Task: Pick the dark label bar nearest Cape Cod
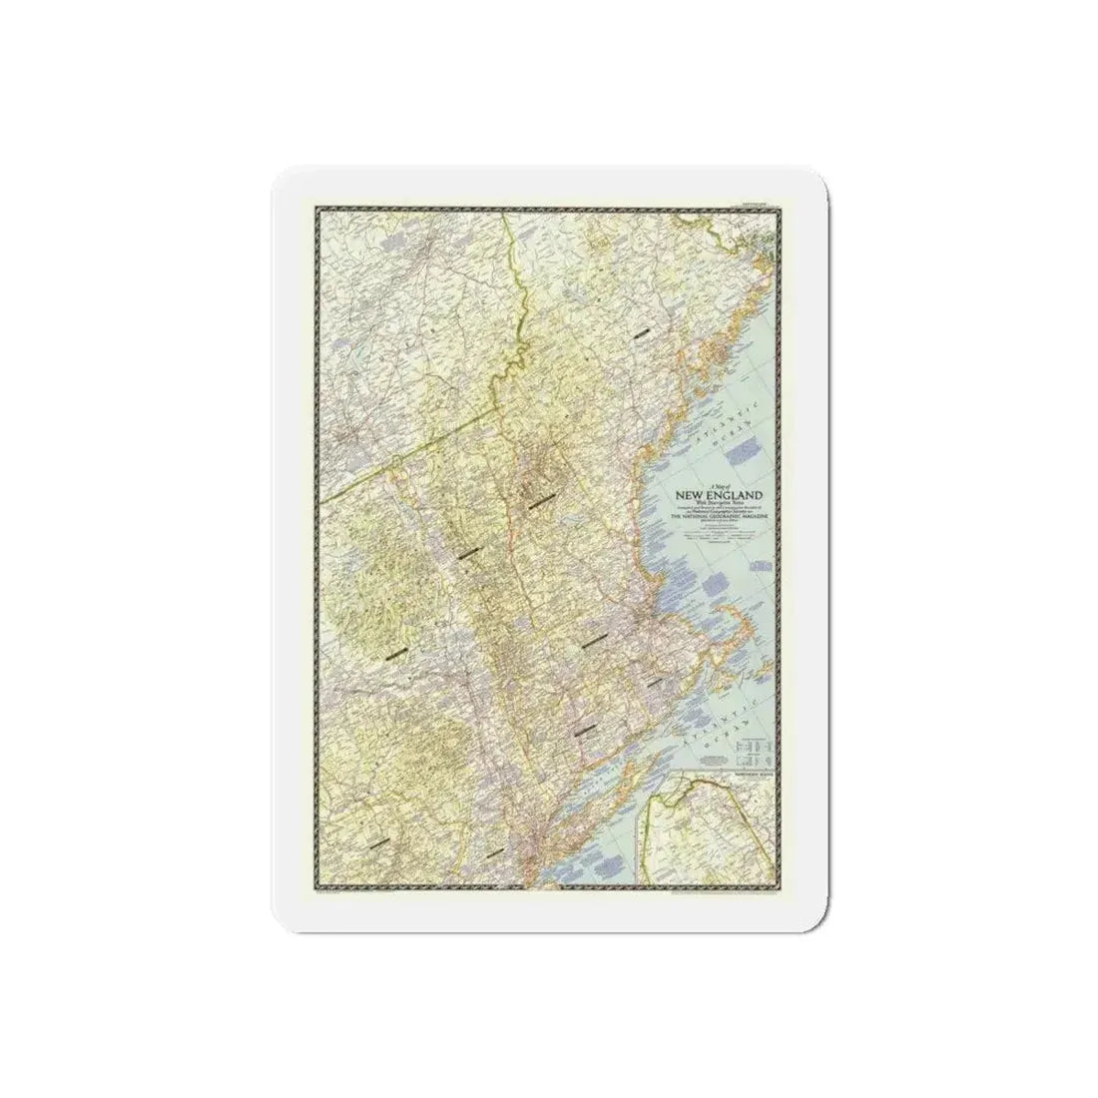click(x=654, y=682)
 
